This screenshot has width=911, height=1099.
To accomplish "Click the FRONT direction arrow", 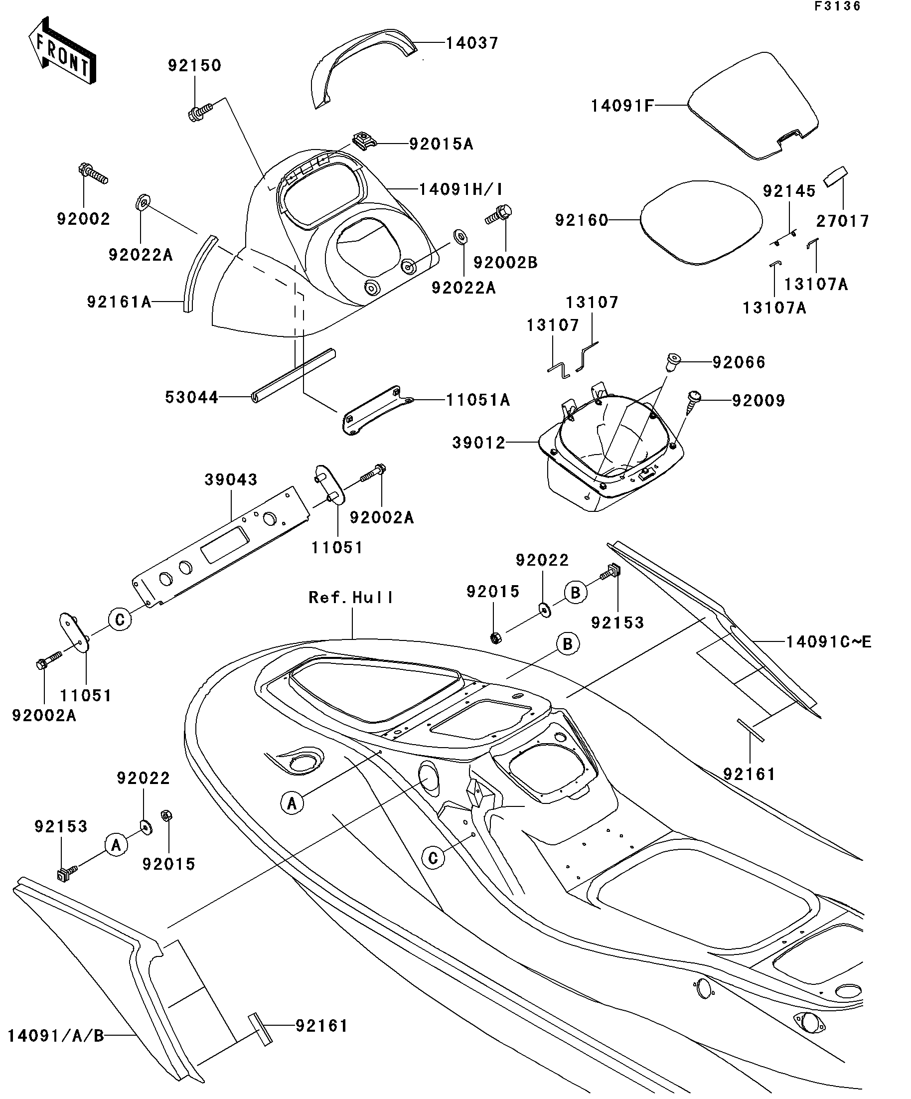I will (x=62, y=51).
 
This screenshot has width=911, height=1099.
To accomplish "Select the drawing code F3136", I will (x=837, y=6).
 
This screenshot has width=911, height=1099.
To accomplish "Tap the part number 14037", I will (x=472, y=43).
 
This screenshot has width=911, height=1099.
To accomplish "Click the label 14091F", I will (x=622, y=106).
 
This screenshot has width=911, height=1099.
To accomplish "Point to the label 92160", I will (x=582, y=220).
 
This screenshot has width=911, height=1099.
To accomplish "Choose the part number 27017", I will (x=842, y=221).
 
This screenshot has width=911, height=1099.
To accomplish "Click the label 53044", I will (x=191, y=398).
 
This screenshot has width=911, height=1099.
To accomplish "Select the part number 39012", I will (x=479, y=443).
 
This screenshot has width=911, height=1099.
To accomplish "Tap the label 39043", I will (x=231, y=479).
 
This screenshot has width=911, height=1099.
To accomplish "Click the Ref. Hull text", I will (x=350, y=597).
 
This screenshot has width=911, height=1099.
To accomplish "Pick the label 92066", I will (x=739, y=362).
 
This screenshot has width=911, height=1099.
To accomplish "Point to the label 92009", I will (x=758, y=401).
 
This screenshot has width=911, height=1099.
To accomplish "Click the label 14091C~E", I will (x=829, y=641).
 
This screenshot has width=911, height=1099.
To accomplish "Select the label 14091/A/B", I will (x=56, y=1035).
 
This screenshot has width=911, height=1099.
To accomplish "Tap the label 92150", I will (x=195, y=65).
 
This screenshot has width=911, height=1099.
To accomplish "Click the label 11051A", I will (x=478, y=400).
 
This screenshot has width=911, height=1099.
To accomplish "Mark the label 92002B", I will (x=505, y=262).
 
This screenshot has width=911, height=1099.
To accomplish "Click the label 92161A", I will (x=119, y=302).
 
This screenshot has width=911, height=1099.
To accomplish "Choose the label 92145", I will (x=789, y=191).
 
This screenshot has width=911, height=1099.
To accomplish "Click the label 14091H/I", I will (x=460, y=189).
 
